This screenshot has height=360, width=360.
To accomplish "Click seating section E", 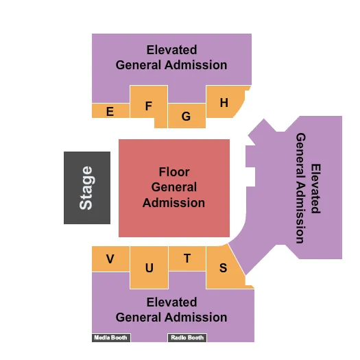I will tap(110, 111).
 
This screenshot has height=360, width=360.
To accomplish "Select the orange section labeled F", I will tap(149, 106).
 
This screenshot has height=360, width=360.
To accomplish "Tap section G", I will tap(186, 117).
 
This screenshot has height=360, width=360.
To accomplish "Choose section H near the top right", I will tap(224, 103).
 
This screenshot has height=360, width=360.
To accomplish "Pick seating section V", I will tap(110, 259).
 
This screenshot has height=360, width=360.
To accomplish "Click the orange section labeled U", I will tap(149, 267).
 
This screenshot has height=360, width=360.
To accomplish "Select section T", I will tap(187, 258).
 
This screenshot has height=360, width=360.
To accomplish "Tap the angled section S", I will tap(223, 267).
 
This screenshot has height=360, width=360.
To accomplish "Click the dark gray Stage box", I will tap(87, 188).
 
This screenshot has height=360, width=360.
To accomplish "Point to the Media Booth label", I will tap(110, 337).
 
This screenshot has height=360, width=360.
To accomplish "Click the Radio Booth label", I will tap(187, 337).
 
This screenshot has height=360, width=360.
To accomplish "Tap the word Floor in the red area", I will tap(174, 172).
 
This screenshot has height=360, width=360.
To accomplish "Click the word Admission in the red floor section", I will tap(174, 203).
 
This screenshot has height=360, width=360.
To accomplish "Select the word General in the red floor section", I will tap(174, 187).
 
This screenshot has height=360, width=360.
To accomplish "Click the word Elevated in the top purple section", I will tap(171, 50).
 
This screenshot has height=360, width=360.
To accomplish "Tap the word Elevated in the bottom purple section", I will tap(171, 302).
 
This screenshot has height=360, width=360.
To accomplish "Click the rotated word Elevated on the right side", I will tap(315, 188).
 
